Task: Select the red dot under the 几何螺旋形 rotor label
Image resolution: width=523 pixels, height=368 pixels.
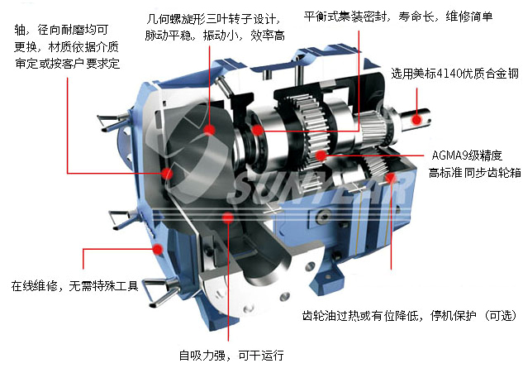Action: [x=212, y=131]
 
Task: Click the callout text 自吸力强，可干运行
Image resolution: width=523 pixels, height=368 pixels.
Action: [x=231, y=356]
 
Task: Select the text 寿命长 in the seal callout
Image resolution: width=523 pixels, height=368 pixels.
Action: [x=415, y=16]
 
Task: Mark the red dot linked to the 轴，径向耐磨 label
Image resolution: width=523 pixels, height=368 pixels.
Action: [x=169, y=173]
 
